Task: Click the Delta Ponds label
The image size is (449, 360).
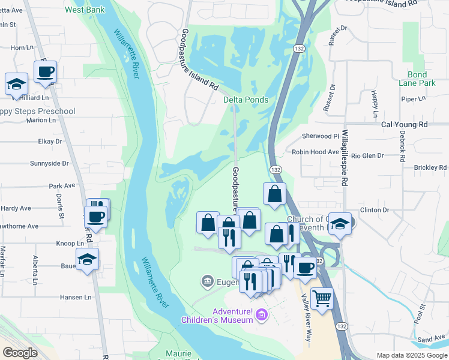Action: click(x=246, y=100)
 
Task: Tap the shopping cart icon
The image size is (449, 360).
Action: click(x=322, y=298)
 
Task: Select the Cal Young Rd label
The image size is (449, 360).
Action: click(x=404, y=125)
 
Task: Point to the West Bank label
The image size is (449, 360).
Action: click(x=85, y=10)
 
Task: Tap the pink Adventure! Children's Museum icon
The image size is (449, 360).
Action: click(x=261, y=313)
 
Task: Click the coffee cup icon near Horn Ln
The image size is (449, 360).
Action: click(x=46, y=72)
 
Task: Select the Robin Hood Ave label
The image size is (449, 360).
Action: click(x=315, y=152)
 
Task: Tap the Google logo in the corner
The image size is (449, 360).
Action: click(x=20, y=353)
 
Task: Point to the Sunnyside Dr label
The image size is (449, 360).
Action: click(x=49, y=163)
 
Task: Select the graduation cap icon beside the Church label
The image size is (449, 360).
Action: click(x=340, y=224)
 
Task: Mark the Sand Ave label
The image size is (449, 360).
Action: click(x=431, y=340)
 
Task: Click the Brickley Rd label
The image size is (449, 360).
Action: click(x=430, y=167)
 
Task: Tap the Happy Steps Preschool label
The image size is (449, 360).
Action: click(x=37, y=112)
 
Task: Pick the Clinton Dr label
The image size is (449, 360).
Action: click(x=375, y=210)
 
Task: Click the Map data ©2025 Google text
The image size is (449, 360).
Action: click(x=411, y=355)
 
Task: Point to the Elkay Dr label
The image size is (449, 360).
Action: click(x=50, y=142)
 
